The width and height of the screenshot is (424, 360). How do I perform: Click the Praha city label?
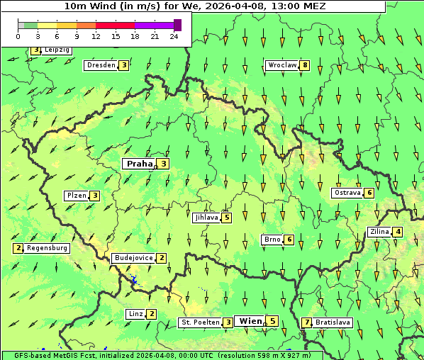139,164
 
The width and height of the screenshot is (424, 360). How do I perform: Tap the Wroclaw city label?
281,65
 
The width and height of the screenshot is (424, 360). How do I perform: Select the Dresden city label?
100,65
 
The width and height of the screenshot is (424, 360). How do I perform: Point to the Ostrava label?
347,193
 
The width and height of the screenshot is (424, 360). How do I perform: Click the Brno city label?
272,240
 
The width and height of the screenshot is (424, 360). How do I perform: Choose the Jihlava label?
206,218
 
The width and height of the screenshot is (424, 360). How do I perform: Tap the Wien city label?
250,321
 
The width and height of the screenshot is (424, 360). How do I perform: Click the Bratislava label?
333,322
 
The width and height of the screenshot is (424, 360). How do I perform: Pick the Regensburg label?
48,248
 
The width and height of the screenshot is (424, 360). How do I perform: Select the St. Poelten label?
199,322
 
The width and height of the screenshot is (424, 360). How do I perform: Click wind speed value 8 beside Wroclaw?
305,65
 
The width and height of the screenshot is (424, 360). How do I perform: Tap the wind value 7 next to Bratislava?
306,322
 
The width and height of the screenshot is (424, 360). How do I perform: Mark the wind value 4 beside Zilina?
398,232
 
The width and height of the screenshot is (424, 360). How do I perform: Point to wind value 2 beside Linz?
152,314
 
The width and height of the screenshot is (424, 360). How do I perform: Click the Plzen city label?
76,196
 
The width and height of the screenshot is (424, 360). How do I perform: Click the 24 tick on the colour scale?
174,36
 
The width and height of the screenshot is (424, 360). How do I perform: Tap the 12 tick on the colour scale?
96,36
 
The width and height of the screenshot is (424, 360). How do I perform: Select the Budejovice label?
133,258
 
